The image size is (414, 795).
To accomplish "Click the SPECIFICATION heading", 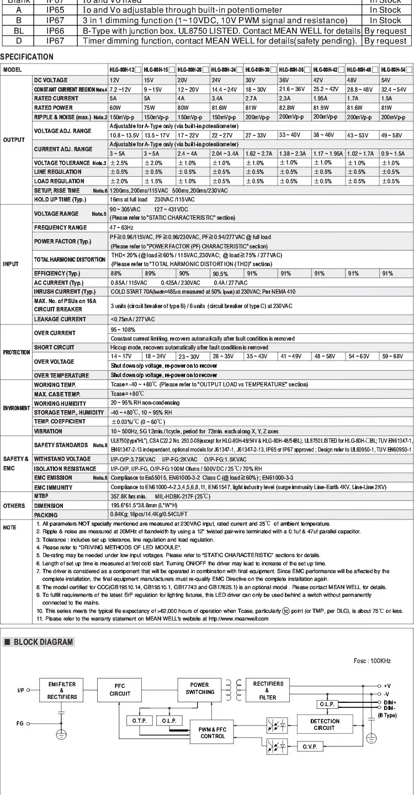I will point(27,57).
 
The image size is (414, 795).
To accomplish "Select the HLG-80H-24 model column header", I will point(226,70).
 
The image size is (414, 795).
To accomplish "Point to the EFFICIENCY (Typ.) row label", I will point(57,273).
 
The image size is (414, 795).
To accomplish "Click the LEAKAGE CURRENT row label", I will point(60,319).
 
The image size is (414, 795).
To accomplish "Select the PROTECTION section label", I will point(16,352).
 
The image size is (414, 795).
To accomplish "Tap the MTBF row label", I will point(42,496).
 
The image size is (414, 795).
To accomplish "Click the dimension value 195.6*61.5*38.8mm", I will point(142,506).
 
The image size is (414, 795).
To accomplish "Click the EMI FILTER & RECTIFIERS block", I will point(62,690).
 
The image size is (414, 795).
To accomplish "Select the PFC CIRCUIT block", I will point(120,690).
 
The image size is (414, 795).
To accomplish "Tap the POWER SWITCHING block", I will point(200,688).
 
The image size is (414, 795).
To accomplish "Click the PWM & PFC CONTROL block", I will point(213,733).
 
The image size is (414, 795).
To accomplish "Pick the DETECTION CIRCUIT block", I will point(325,724).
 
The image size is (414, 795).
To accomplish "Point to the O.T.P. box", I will point(139,720).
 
